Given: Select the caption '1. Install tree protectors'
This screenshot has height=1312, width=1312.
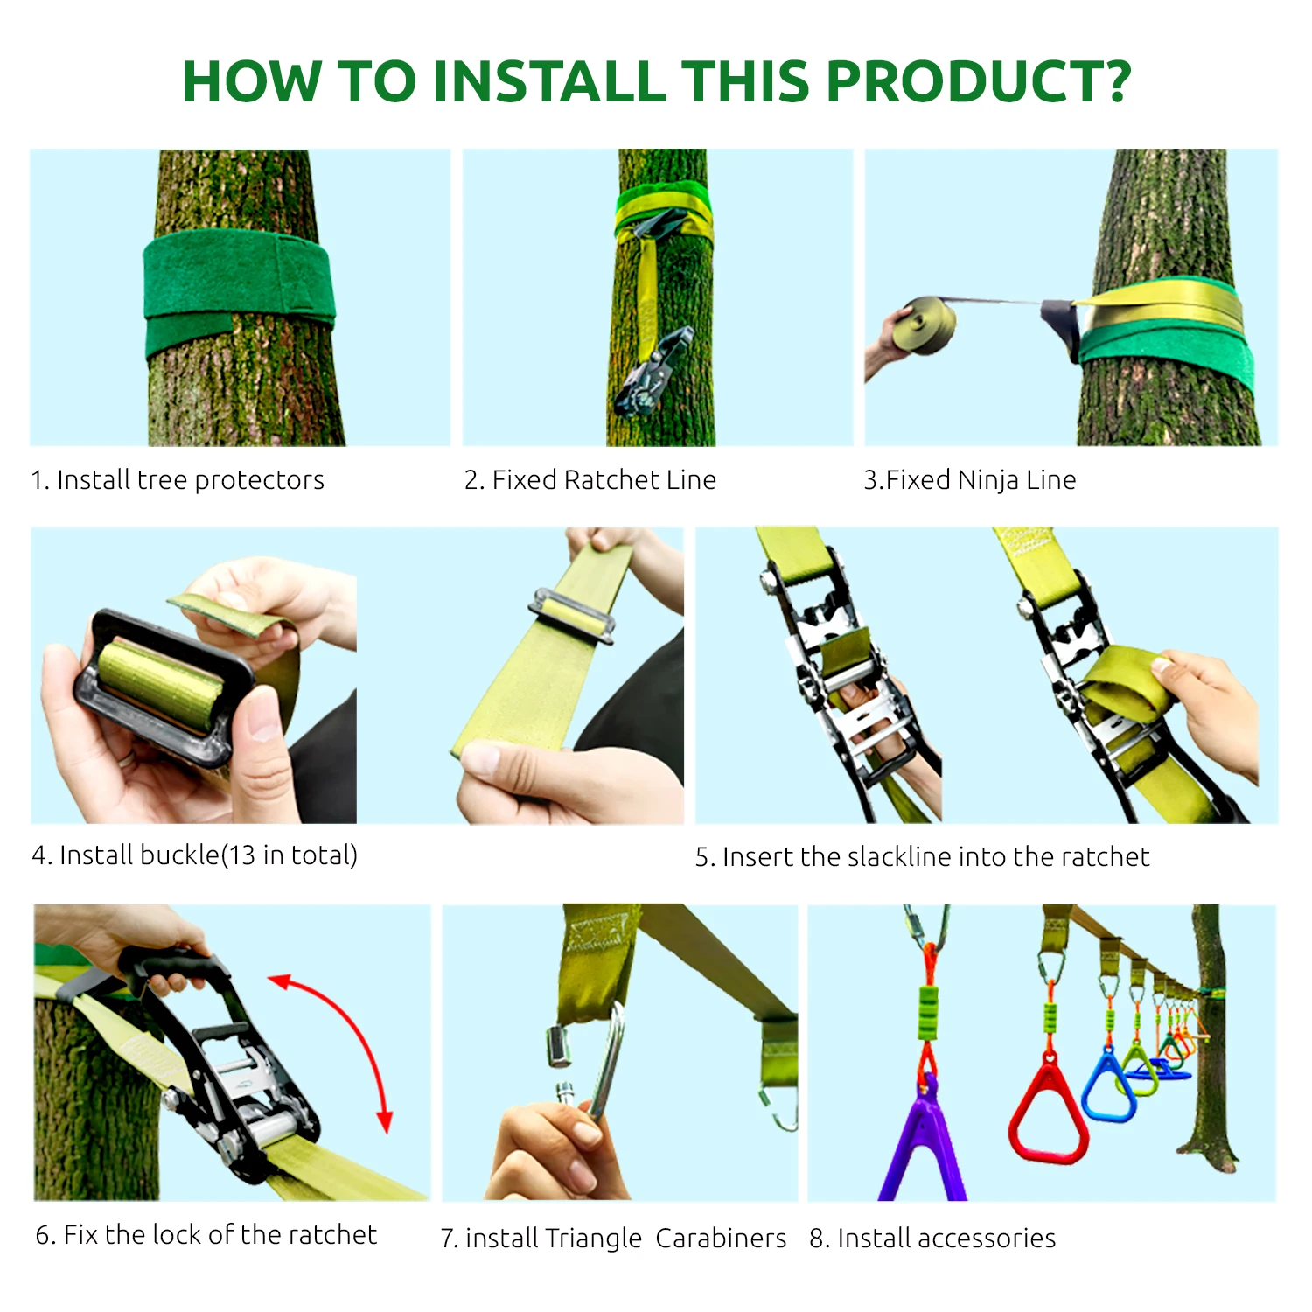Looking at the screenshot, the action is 178,480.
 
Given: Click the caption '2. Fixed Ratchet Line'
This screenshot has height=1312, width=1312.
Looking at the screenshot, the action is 590,479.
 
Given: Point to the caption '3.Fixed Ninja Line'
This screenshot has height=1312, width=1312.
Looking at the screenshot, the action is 970,480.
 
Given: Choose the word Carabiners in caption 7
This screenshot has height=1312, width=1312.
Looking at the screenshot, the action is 721,1238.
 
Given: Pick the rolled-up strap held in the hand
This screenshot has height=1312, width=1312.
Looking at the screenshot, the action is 928,325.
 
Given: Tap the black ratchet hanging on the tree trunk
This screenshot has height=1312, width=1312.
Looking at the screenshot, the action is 654,373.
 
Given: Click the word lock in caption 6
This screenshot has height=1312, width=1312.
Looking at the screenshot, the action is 178,1234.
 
